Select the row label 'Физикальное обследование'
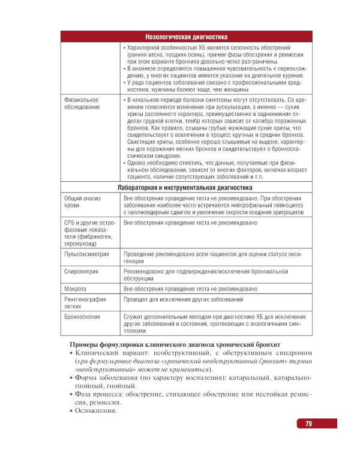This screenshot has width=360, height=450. pos(81,103)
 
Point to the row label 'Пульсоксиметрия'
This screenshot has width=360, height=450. pos(86,254)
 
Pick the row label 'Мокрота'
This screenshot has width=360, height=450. pos(75,289)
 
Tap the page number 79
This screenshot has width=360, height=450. pos(308,424)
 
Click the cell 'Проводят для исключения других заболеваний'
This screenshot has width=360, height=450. pos(182,298)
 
